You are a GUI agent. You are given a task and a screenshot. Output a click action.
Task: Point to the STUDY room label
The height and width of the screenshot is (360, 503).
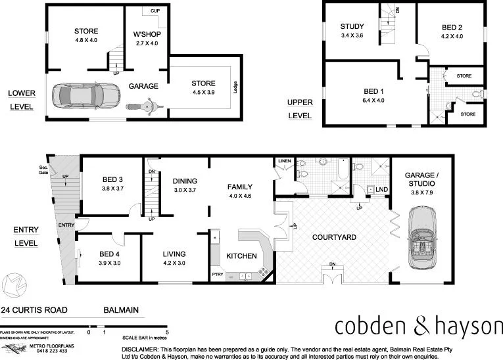point(352,27)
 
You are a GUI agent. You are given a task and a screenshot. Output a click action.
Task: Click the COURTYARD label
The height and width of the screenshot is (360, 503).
point(333,237)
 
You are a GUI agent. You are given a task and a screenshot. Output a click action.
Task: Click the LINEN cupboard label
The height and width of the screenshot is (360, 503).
point(284,160)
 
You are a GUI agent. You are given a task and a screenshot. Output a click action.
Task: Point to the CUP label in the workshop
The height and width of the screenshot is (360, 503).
point(155,11)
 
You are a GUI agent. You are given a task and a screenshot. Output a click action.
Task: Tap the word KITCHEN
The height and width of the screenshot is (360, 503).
point(241,256)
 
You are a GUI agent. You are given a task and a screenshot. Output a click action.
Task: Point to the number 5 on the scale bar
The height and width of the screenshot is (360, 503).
point(168,333)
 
